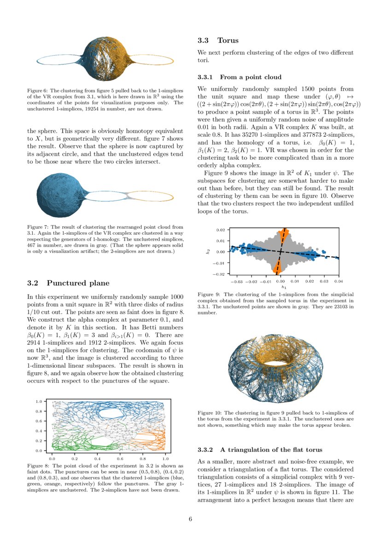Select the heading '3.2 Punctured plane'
click(x=69, y=283)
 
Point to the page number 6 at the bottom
click(x=190, y=519)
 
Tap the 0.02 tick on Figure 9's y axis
click(x=220, y=230)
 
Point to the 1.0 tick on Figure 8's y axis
click(x=39, y=402)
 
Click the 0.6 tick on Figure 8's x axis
click(x=120, y=459)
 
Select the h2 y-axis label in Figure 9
click(x=208, y=251)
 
